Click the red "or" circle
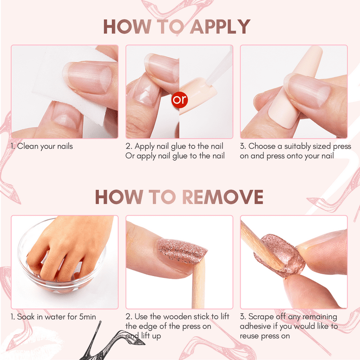coord(179,100)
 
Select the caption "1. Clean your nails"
coord(42,146)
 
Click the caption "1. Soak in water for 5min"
coord(53,317)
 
